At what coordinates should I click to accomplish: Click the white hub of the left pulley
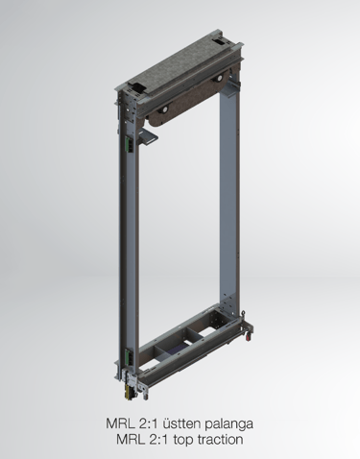coord(163,109)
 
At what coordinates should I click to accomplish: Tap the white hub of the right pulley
coord(220,79)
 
